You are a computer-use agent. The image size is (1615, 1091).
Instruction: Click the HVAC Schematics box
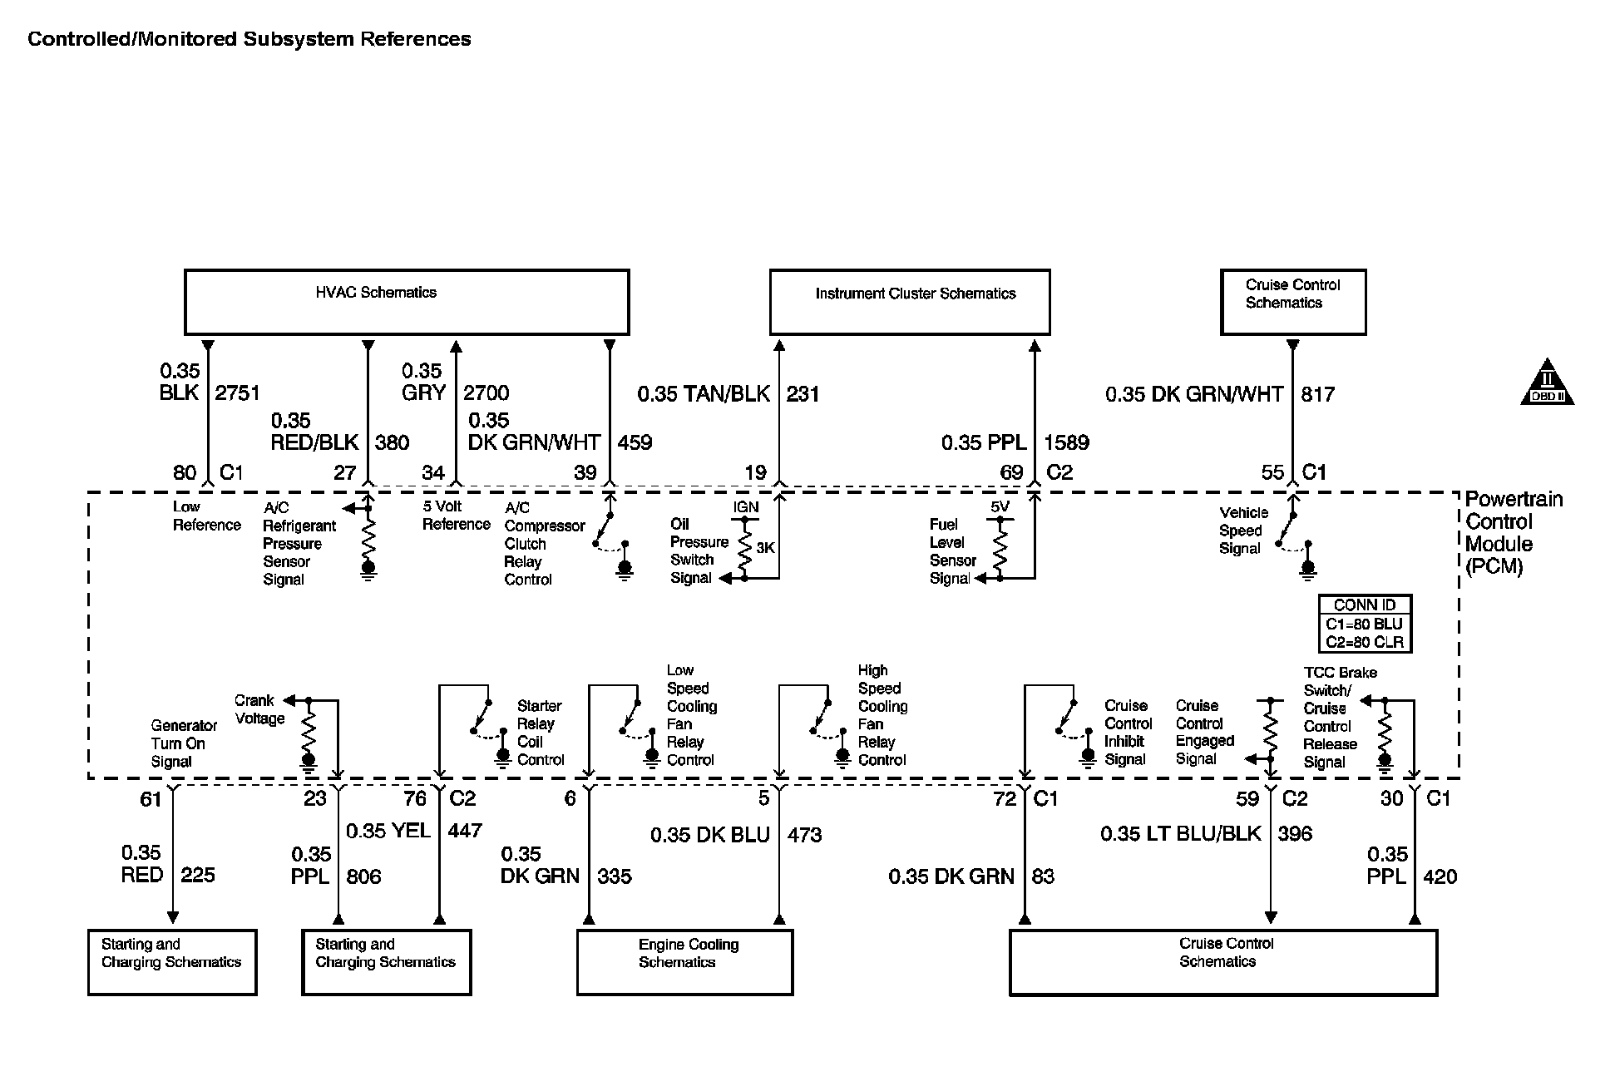(x=406, y=302)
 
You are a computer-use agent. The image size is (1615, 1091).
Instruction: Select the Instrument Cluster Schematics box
(x=910, y=302)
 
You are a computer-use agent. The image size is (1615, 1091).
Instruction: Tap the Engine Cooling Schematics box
(x=684, y=962)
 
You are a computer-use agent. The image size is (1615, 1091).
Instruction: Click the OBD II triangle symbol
(x=1547, y=384)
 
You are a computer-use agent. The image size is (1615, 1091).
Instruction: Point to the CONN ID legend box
(x=1365, y=624)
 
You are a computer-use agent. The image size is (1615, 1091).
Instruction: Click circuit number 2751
(x=238, y=393)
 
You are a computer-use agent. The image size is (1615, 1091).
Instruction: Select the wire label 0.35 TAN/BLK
(x=704, y=394)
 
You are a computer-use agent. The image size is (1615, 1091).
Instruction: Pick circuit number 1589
(x=1066, y=442)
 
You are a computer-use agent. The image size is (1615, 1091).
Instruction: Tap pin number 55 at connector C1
(x=1272, y=472)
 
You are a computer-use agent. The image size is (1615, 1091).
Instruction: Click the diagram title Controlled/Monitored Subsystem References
(x=249, y=39)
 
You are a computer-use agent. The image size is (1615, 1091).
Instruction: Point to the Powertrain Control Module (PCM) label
(x=1513, y=532)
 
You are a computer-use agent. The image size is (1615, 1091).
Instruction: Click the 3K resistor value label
(x=765, y=548)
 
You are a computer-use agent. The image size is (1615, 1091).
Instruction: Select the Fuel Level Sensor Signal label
(x=951, y=551)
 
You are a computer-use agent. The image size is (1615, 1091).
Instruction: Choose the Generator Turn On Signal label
(x=183, y=743)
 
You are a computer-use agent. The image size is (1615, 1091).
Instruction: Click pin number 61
(x=151, y=800)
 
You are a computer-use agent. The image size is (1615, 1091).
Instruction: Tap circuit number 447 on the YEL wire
(x=465, y=830)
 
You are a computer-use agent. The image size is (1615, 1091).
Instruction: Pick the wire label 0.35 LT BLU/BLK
(x=1181, y=833)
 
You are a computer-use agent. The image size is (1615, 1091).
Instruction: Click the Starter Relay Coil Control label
(x=541, y=733)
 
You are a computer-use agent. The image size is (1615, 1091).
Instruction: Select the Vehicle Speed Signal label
(x=1243, y=531)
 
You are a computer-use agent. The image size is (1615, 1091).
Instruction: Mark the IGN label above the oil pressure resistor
(x=746, y=506)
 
